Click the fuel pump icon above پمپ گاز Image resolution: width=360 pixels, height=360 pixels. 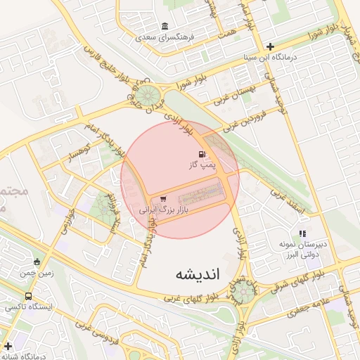[202, 154]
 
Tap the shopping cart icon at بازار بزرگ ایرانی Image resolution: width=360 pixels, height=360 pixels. [164, 199]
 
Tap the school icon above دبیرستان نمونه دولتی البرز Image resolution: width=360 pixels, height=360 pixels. [302, 233]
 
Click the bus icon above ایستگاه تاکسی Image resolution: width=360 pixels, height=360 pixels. [27, 296]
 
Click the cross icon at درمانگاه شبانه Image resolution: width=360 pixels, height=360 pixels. [8, 346]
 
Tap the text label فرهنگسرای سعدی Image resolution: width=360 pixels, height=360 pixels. [165, 35]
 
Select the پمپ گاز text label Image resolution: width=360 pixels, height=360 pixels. [202, 165]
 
